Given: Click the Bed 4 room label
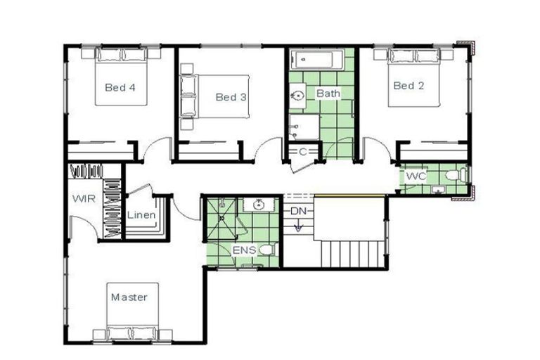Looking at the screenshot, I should pos(120,88).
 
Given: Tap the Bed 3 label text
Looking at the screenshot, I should pos(231,97).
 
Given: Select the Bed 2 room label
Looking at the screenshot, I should pos(409,86).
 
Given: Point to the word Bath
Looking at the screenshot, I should pos(328,93).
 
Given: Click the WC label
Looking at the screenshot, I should pos(416,176).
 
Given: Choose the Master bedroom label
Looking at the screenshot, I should pos(129,297).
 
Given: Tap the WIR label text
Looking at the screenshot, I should pos(83,198).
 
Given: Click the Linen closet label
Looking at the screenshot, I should pos(141,214).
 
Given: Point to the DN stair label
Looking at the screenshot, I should pos(298,211).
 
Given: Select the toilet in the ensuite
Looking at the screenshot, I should pos(266,250).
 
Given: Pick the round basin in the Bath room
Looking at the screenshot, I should pos(297,94).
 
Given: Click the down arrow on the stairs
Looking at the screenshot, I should pos(298,226).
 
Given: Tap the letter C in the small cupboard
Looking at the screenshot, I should pos(302,151).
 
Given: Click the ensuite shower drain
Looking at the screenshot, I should pos(221,217).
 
